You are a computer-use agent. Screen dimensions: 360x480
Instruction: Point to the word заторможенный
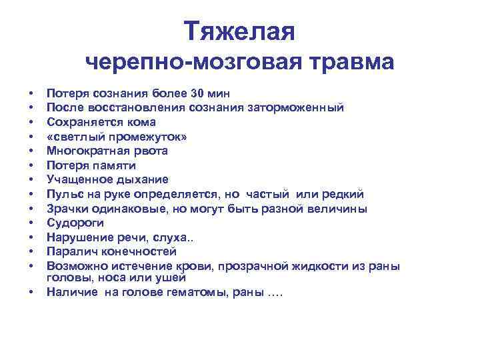click(305, 107)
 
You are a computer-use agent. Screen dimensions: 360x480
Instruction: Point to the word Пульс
click(63, 194)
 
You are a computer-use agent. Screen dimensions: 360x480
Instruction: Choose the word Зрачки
click(65, 209)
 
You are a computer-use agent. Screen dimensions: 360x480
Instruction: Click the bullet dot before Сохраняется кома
click(31, 122)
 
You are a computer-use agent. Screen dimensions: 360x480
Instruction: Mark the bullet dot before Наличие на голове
click(31, 292)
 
